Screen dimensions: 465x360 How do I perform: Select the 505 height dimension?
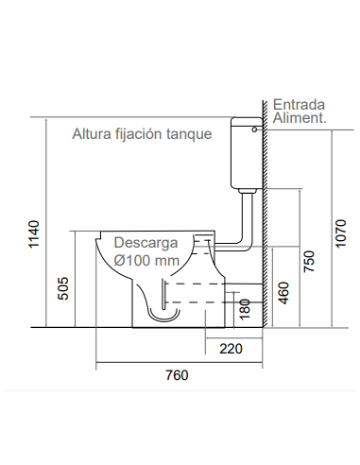click(x=63, y=288)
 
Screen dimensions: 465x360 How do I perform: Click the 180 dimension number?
click(x=246, y=307)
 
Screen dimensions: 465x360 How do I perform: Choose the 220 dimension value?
click(x=231, y=349)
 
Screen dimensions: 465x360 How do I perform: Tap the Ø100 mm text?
click(x=146, y=259)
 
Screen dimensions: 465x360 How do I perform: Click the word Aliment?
click(x=300, y=118)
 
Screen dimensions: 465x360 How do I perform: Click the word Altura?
click(x=93, y=134)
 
